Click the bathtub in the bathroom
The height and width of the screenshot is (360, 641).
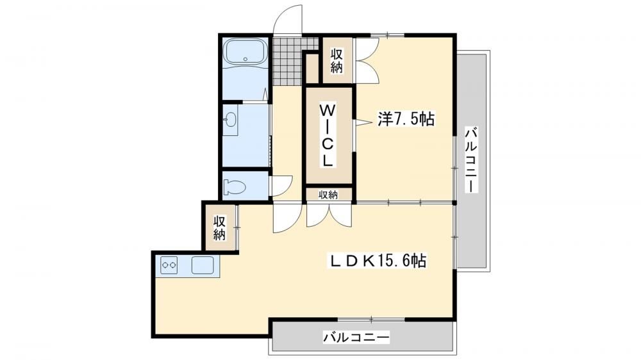pyautogui.click(x=246, y=51)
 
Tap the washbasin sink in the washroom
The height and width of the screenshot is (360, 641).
pyautogui.click(x=231, y=120)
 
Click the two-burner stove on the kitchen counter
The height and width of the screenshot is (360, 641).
pyautogui.click(x=169, y=265)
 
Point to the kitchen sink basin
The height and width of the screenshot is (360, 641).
pyautogui.click(x=203, y=265)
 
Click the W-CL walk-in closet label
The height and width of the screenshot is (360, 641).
pyautogui.click(x=328, y=135)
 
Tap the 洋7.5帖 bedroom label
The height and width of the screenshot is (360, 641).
pyautogui.click(x=406, y=119)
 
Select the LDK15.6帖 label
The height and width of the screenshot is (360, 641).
pyautogui.click(x=378, y=260)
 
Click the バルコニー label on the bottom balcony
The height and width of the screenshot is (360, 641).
pyautogui.click(x=356, y=338)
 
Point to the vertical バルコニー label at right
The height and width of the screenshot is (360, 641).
pyautogui.click(x=471, y=160)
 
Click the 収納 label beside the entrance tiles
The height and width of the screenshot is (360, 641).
pyautogui.click(x=337, y=60)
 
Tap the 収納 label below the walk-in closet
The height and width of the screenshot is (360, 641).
pyautogui.click(x=328, y=195)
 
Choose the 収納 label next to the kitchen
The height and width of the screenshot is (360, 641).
pyautogui.click(x=219, y=228)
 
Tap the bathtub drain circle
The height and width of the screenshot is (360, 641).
pyautogui.click(x=246, y=59)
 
